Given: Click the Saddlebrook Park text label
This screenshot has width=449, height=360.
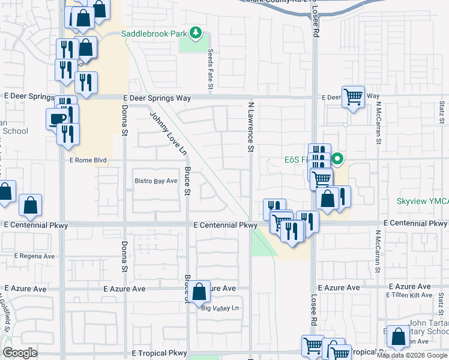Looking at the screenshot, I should [x=154, y=34].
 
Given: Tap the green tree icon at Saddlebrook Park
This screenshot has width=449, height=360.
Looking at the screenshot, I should [x=195, y=32].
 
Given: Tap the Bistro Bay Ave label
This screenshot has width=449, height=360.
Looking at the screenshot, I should [x=156, y=181].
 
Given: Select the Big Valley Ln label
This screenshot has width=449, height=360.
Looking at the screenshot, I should [x=220, y=308].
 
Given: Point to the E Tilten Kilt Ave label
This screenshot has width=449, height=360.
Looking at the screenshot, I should [x=409, y=295].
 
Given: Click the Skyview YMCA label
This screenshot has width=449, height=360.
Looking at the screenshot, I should [x=423, y=202].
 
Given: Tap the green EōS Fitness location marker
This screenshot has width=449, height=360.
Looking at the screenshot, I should [x=337, y=160].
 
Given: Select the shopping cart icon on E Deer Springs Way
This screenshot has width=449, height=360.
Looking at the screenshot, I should [x=353, y=95].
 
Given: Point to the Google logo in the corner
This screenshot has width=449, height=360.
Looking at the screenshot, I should [x=20, y=353].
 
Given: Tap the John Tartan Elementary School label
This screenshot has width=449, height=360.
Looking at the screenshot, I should [x=427, y=328].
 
